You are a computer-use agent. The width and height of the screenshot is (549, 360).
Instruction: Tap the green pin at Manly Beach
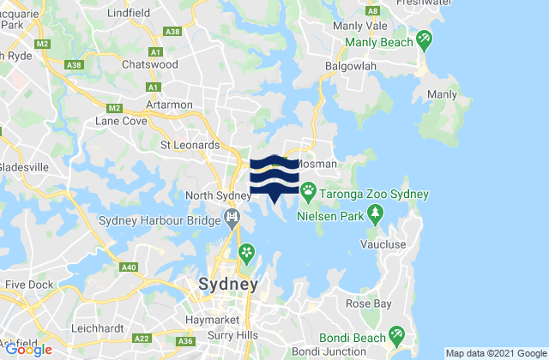click(424, 39)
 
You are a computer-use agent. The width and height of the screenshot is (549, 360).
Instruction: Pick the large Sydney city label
click(227, 285)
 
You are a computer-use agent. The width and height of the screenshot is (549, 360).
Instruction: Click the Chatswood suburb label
click(149, 64)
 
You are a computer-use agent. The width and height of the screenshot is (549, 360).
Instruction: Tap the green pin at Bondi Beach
click(396, 333)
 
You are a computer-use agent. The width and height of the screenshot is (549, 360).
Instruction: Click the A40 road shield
click(129, 268)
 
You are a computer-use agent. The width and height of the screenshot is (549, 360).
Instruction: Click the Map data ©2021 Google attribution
click(495, 353)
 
